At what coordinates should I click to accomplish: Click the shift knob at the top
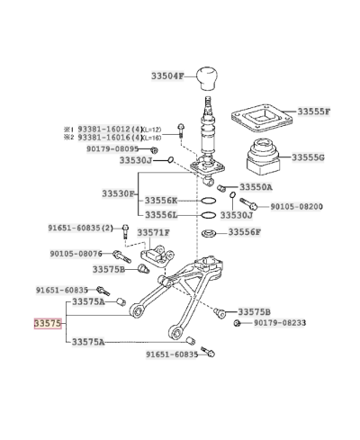click(x=207, y=78)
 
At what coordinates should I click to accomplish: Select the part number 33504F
click(x=167, y=76)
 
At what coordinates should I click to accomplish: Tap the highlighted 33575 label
click(x=48, y=323)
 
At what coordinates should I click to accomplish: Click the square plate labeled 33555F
click(x=262, y=120)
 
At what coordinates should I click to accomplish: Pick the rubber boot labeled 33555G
click(x=263, y=157)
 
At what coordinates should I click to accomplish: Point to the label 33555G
click(x=308, y=157)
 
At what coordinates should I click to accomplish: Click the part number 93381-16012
click(x=104, y=130)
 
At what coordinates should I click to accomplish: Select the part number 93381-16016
click(x=104, y=138)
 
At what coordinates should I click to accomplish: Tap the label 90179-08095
click(x=112, y=148)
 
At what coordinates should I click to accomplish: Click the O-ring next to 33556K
click(x=208, y=201)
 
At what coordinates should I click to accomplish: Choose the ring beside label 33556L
click(x=208, y=215)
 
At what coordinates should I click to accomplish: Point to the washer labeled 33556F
click(x=209, y=233)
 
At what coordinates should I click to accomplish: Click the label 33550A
click(x=256, y=187)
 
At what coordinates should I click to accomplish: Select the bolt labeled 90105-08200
click(x=249, y=203)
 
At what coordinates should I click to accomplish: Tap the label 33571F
click(x=154, y=232)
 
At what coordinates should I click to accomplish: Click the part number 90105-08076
click(x=76, y=254)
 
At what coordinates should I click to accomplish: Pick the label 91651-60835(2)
click(x=81, y=228)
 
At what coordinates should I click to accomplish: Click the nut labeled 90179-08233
click(x=237, y=323)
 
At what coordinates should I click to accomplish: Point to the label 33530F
click(x=118, y=193)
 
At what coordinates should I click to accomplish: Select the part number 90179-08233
click(x=280, y=323)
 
